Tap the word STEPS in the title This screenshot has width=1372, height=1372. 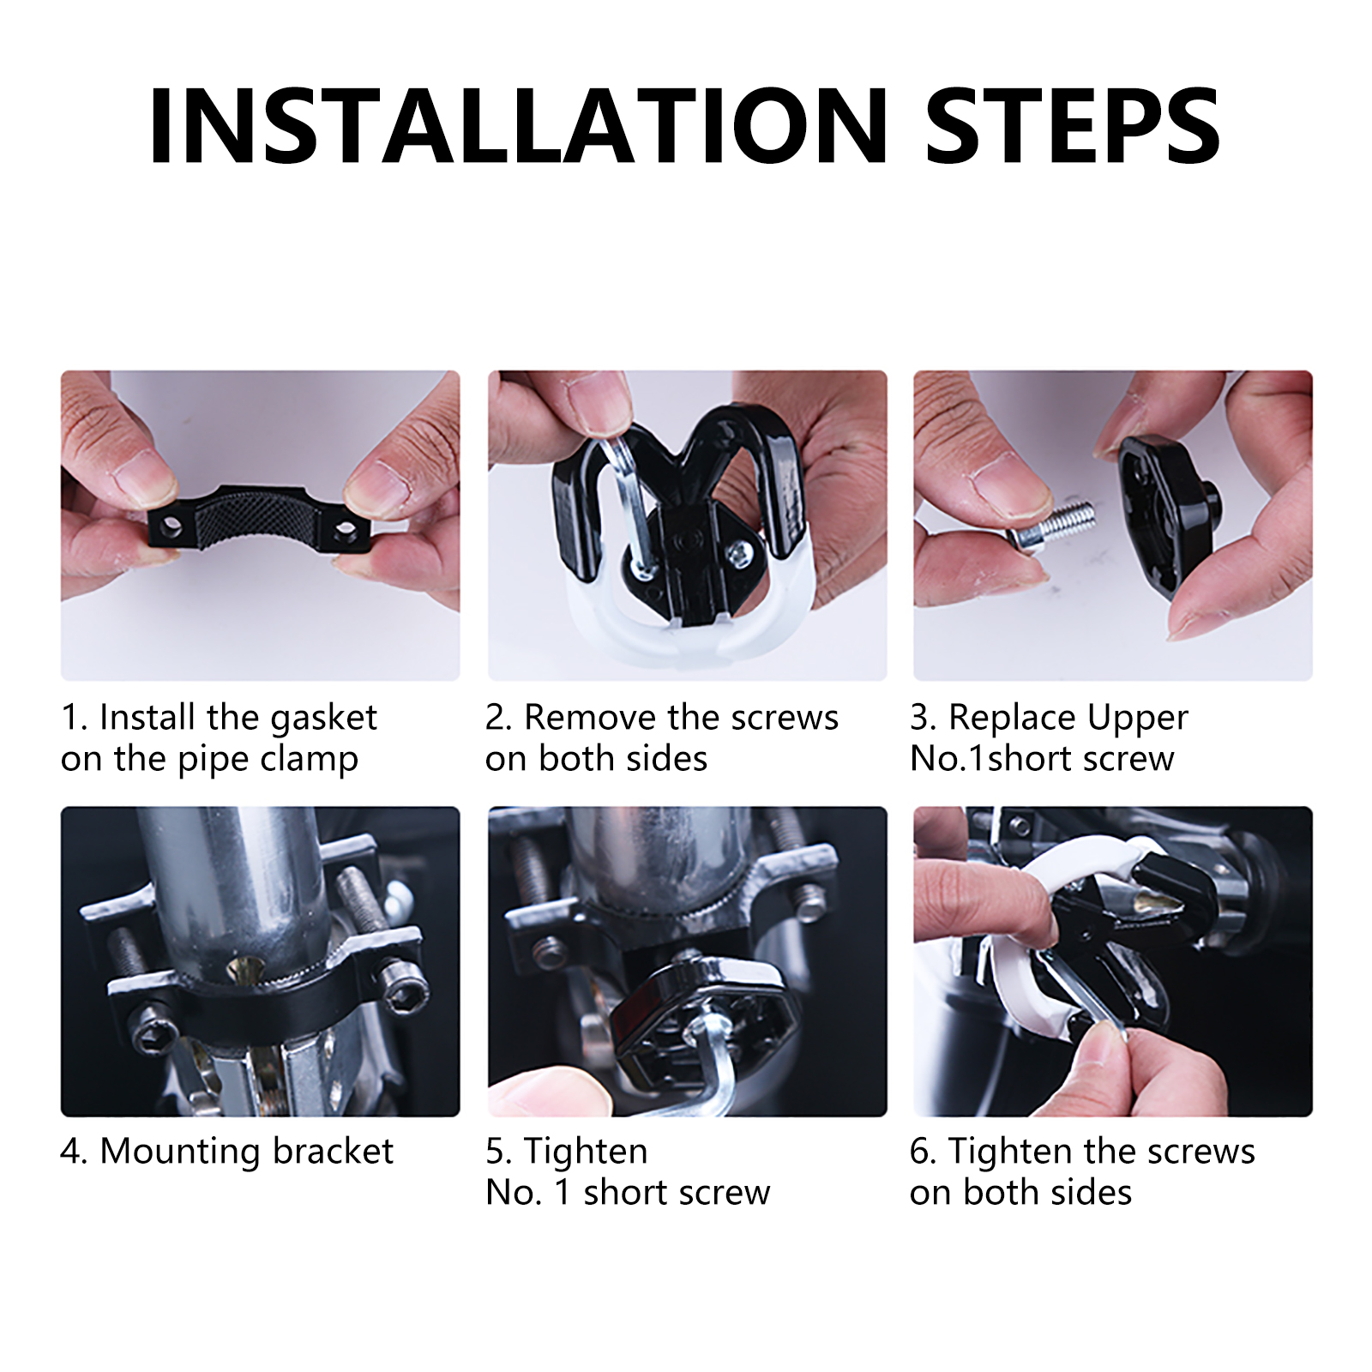pos(1073,126)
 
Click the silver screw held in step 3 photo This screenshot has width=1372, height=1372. pos(1050,525)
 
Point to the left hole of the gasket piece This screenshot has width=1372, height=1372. pos(171,525)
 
